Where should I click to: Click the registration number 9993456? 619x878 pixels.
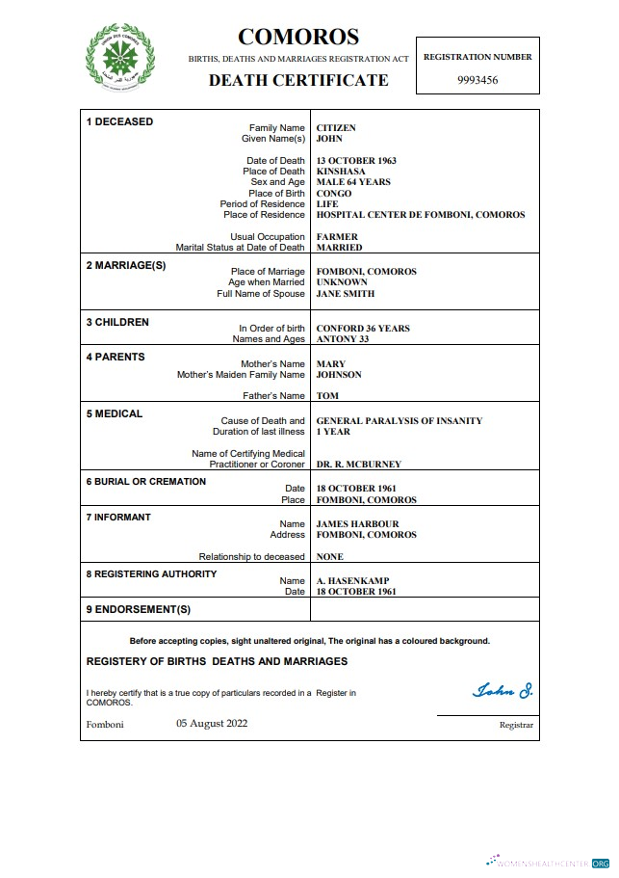(477, 80)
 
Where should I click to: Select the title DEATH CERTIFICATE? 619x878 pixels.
(298, 80)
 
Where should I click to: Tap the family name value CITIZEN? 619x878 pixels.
(336, 127)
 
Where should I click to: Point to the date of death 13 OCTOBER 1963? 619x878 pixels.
(356, 161)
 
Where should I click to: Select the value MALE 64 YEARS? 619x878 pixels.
(353, 182)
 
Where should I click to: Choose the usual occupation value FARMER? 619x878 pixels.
(337, 237)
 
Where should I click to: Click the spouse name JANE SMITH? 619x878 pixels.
(346, 294)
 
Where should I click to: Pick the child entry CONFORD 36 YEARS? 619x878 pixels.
(363, 329)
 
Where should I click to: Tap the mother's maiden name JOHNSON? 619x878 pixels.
(339, 375)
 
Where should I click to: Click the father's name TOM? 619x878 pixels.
(327, 396)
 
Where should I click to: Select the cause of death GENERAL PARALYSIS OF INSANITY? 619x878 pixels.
(400, 421)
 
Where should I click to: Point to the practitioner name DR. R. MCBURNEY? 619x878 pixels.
(359, 465)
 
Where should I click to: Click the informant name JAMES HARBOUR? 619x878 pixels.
(358, 524)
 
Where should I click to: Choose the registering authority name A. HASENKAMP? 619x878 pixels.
(353, 581)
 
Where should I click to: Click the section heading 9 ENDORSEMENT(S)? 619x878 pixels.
(139, 609)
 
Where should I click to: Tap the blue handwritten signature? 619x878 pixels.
(503, 690)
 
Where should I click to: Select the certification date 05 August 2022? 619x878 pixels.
(212, 723)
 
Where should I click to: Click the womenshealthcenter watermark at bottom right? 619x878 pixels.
(548, 863)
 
